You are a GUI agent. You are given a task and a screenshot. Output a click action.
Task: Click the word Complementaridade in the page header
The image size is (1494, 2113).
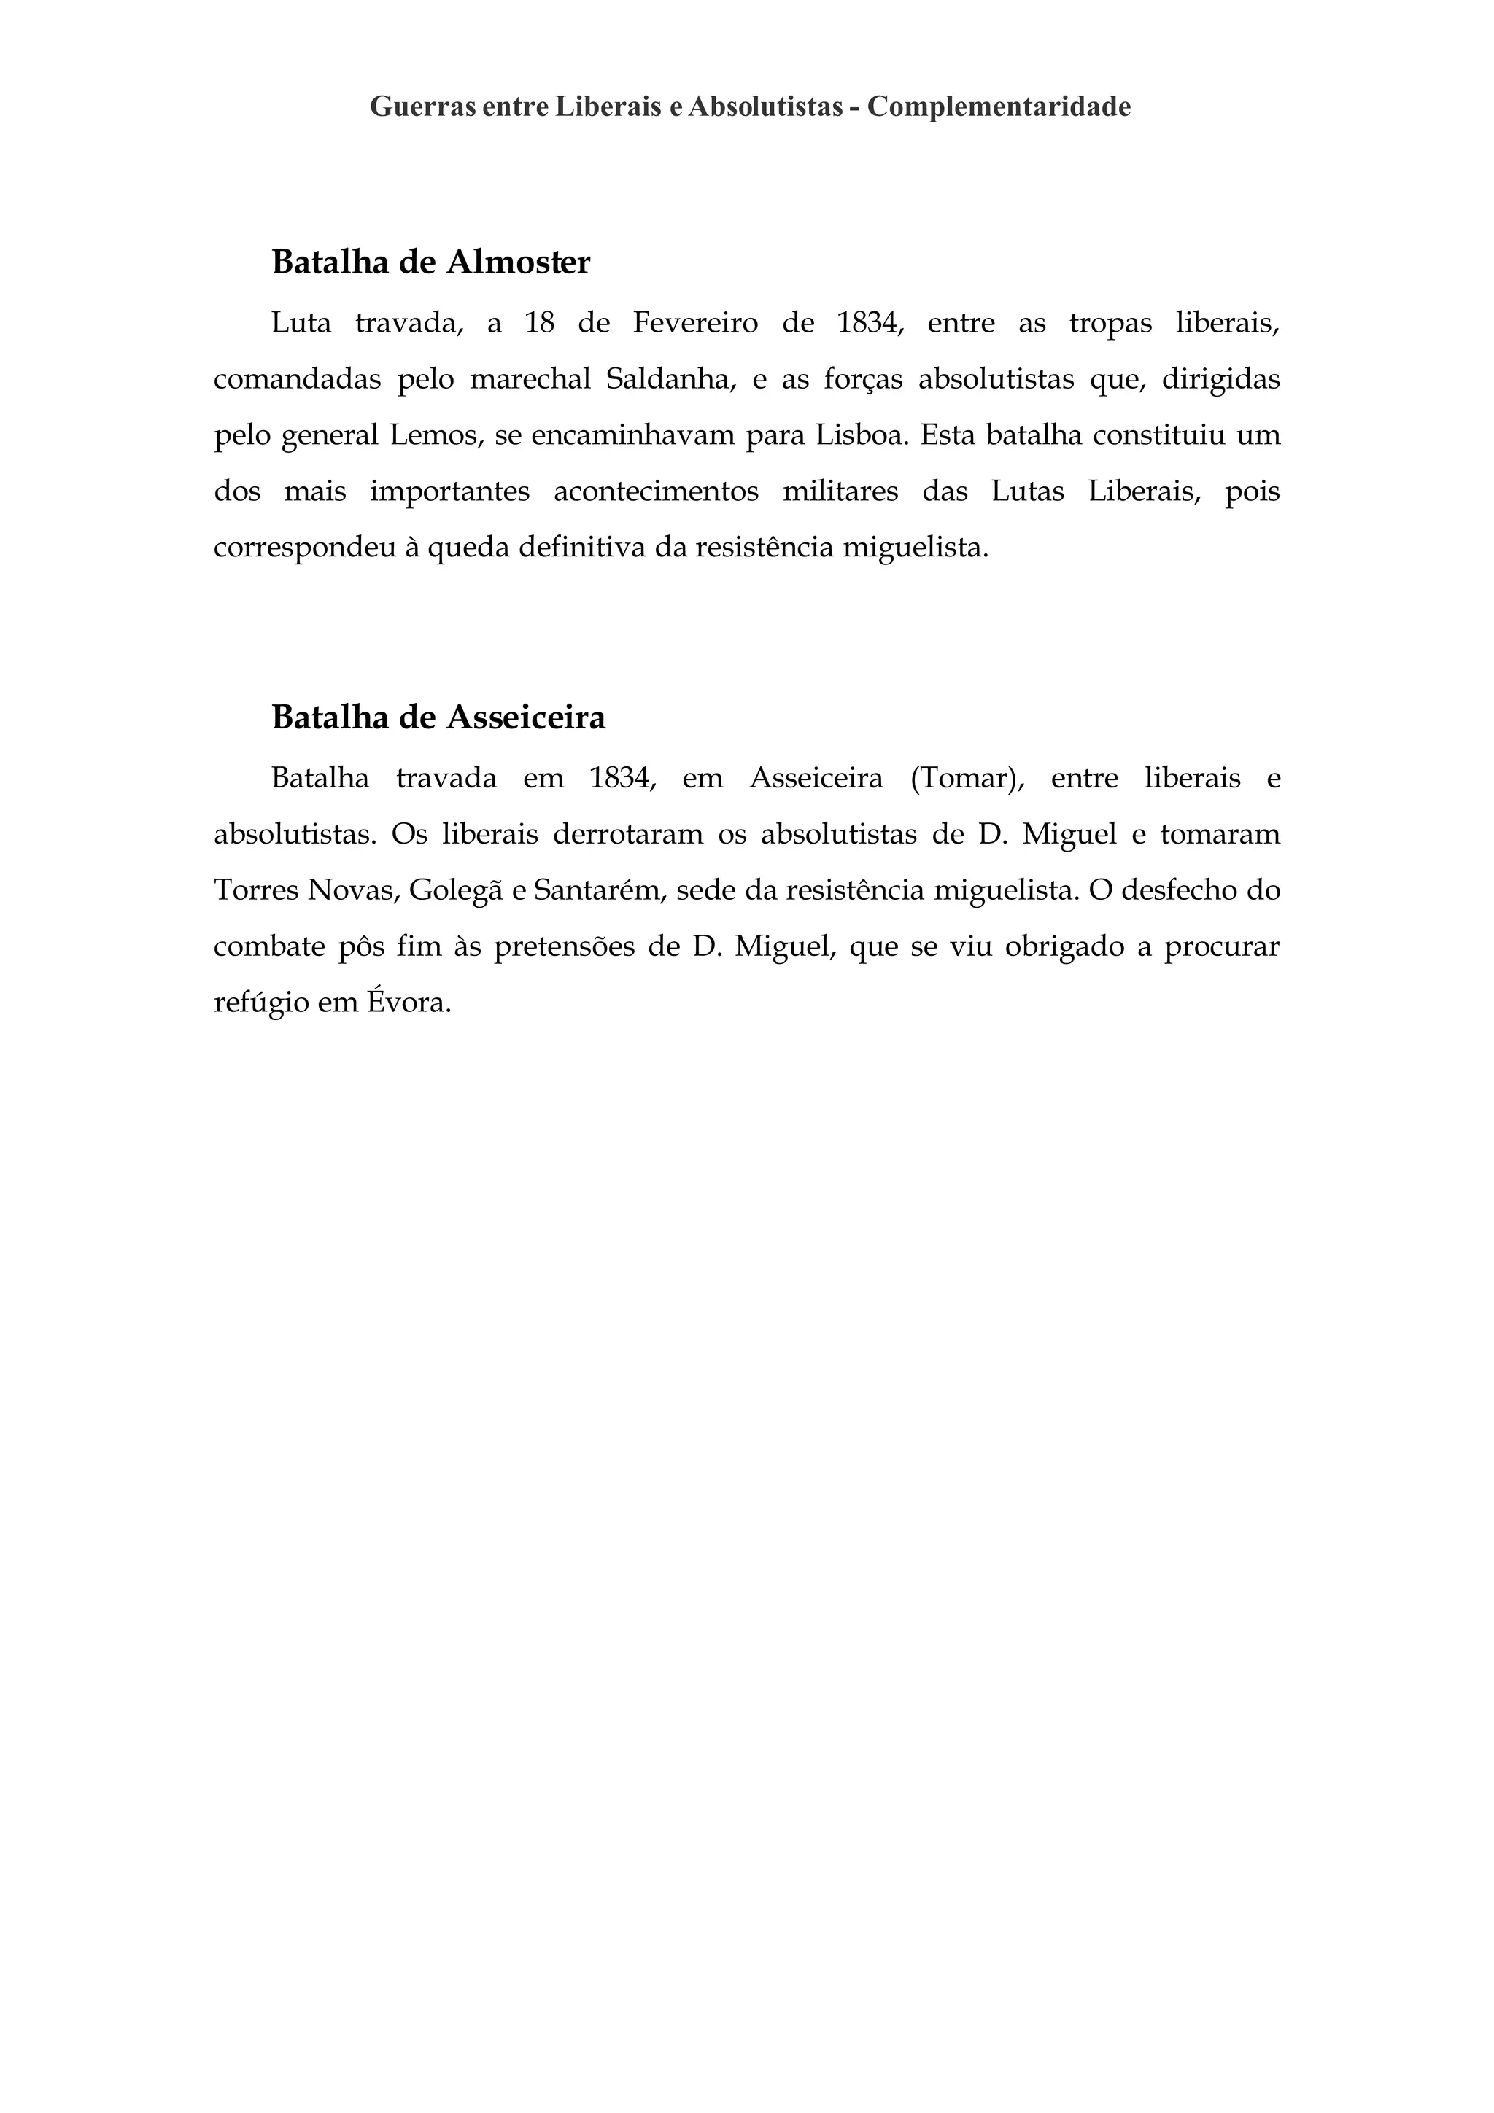pyautogui.click(x=999, y=108)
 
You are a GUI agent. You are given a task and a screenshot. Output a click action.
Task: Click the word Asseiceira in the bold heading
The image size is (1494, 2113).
pyautogui.click(x=526, y=718)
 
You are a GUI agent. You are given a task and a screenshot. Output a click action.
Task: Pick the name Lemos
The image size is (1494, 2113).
pyautogui.click(x=436, y=435)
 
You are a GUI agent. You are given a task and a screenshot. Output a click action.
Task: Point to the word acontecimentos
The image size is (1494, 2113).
pyautogui.click(x=657, y=492)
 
